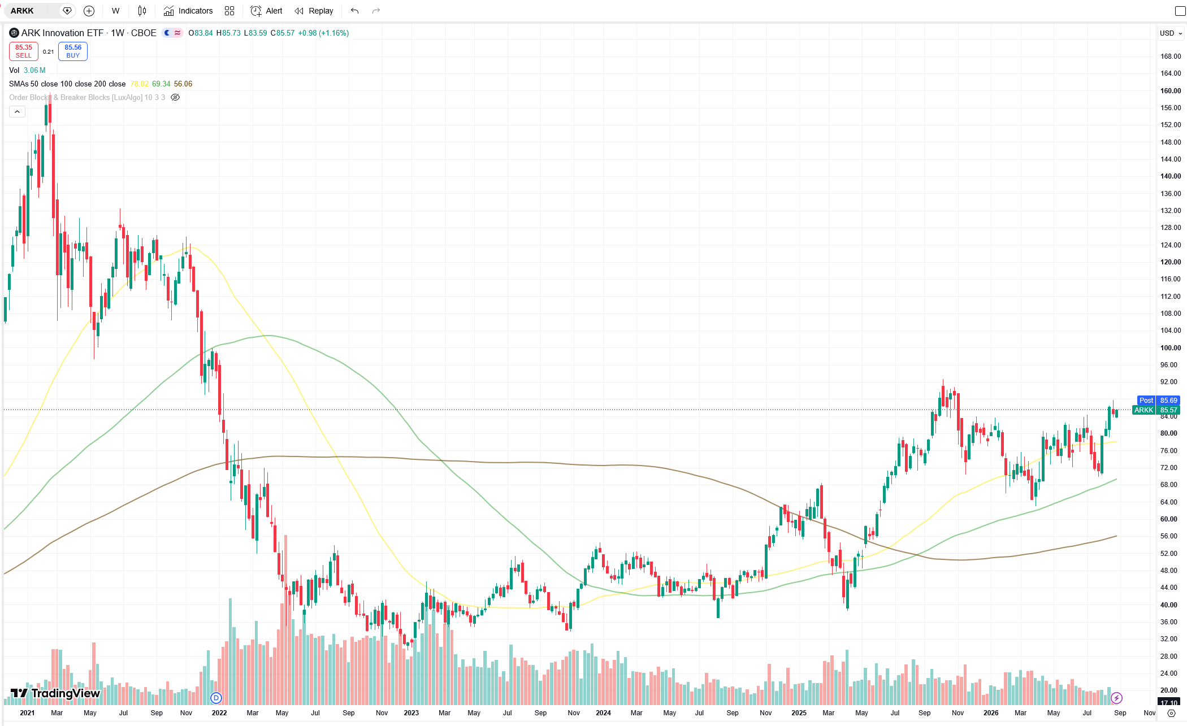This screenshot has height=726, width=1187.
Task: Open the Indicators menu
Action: pos(188,11)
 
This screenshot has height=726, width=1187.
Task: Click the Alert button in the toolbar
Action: pos(266,11)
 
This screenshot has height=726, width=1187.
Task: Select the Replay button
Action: pos(314,11)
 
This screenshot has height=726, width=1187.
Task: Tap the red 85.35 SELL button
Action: pos(24,51)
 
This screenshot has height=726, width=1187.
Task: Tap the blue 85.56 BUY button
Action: pos(73,51)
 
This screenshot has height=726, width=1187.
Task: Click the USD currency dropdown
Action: pos(1171,33)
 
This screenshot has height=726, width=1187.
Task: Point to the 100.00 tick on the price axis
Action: pos(1169,348)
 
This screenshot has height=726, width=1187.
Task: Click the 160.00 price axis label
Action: pos(1170,91)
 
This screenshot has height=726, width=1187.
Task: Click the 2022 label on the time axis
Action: pos(219,713)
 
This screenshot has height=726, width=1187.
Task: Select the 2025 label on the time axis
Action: pos(799,713)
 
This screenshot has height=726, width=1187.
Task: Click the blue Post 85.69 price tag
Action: pos(1158,401)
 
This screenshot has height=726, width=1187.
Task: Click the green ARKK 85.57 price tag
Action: pos(1156,410)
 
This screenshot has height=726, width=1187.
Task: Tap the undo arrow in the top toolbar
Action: pos(354,11)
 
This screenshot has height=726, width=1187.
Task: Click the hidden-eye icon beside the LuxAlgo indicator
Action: pos(175,98)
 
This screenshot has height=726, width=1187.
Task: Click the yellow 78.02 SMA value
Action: pos(139,84)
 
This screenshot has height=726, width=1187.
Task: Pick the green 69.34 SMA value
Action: pos(161,84)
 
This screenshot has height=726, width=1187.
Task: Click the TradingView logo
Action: pos(55,693)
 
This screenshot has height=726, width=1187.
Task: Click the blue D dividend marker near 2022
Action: pos(216,698)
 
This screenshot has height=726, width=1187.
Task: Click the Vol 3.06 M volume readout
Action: pos(27,71)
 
